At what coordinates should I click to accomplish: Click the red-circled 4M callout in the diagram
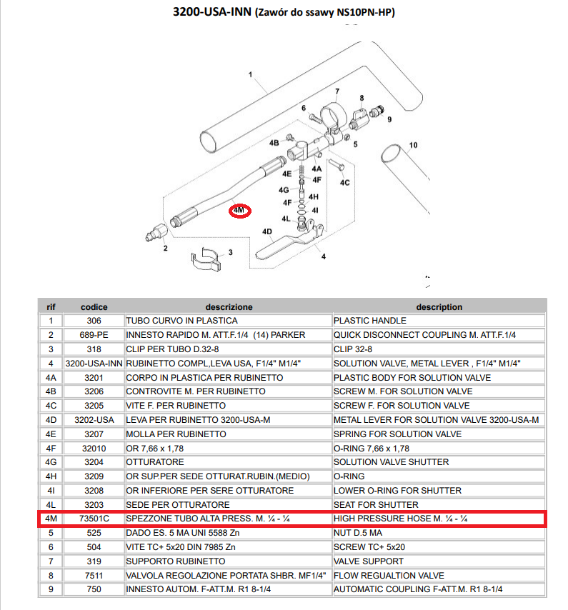click(x=239, y=211)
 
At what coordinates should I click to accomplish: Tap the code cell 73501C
click(x=94, y=519)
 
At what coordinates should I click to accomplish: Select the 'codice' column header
click(x=94, y=307)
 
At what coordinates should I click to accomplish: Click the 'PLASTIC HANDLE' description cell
click(x=369, y=321)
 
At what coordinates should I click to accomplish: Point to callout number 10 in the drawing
click(x=413, y=145)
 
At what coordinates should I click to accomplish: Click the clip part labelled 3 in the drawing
click(x=206, y=259)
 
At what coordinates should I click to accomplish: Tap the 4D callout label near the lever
click(x=267, y=232)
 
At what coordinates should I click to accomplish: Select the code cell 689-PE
click(x=94, y=335)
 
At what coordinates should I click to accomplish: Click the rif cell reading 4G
click(x=51, y=462)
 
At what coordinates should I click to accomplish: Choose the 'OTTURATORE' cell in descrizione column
click(x=155, y=462)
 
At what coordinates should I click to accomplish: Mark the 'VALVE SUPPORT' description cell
click(x=369, y=561)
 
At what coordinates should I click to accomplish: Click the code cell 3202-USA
click(x=94, y=420)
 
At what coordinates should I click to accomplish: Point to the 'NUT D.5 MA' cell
click(x=358, y=533)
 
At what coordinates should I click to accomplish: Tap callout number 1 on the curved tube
click(x=250, y=74)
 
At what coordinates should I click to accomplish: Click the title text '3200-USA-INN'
click(x=212, y=11)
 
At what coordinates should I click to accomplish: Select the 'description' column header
click(x=439, y=307)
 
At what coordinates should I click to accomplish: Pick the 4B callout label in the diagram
click(x=274, y=143)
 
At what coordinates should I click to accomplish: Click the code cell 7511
click(x=94, y=576)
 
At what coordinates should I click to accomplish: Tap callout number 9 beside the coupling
click(x=389, y=119)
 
